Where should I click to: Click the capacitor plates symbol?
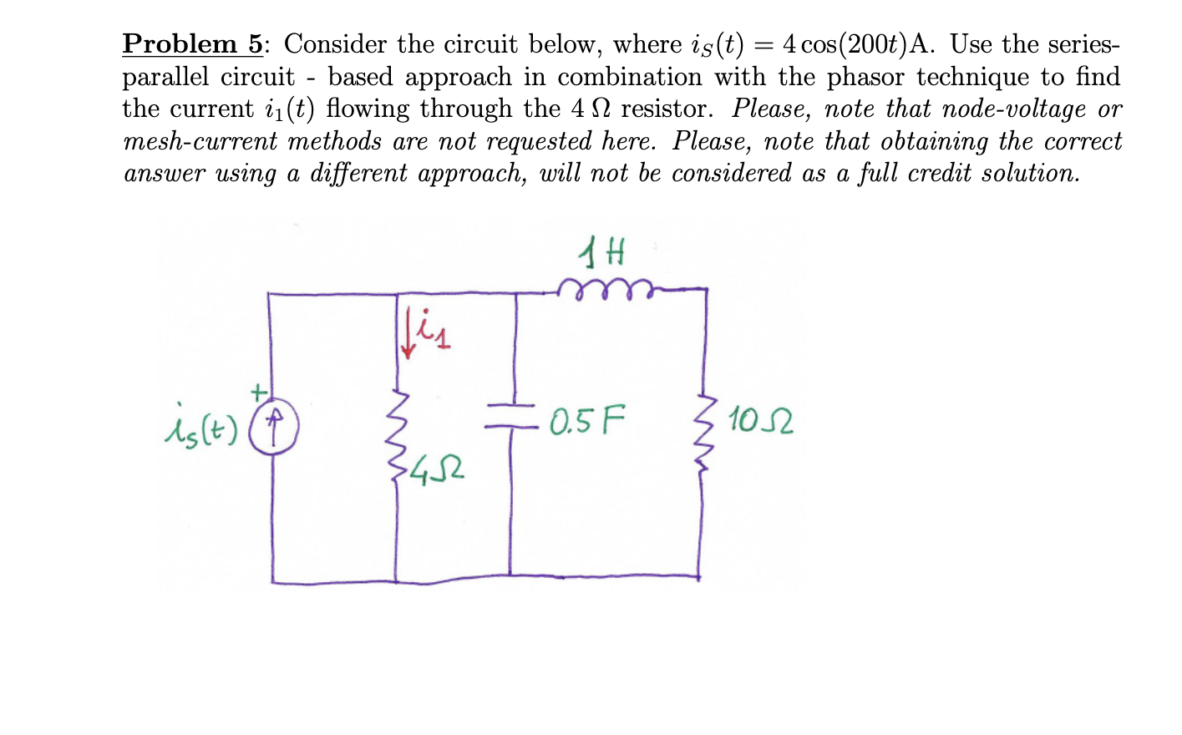511,415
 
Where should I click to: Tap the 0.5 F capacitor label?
586,420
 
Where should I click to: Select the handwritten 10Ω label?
761,420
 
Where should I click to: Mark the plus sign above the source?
259,390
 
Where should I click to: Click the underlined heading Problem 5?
192,43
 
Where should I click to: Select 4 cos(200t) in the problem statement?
844,44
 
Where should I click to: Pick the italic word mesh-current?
200,141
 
